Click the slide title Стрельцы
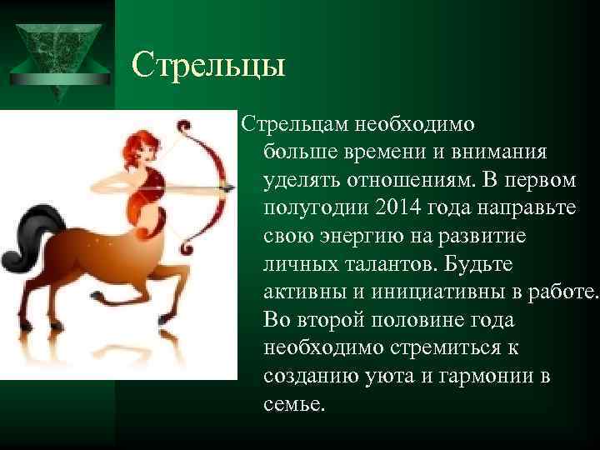coord(208,65)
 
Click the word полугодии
coord(311,207)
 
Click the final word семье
coord(296,404)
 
